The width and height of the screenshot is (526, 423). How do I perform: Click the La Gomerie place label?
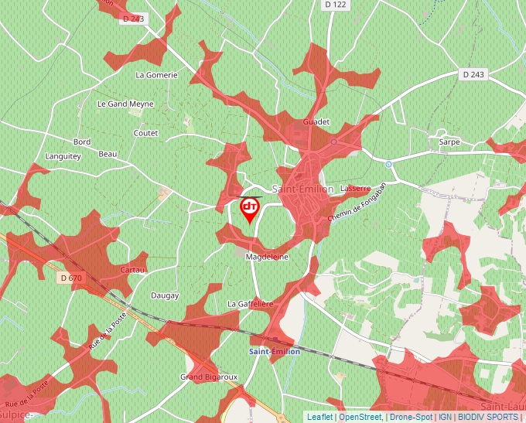point(156,75)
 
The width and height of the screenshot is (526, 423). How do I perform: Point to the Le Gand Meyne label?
point(125,104)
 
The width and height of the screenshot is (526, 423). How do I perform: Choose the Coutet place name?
point(145,133)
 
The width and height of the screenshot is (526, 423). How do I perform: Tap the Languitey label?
point(63,156)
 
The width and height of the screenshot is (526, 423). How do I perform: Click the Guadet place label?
point(316,122)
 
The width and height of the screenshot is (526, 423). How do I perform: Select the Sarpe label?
point(449,142)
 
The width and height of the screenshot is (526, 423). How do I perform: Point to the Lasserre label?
point(355,189)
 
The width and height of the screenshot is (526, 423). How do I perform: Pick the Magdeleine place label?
point(266,257)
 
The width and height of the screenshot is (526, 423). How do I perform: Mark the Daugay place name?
point(164,295)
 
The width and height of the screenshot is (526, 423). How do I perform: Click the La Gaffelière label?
point(251,305)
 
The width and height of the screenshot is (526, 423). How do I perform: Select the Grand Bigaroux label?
point(209,377)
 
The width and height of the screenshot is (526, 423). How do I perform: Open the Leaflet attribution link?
point(319,417)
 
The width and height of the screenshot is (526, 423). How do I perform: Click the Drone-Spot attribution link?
point(411,417)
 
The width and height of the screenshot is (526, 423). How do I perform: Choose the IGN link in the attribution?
point(445,417)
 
